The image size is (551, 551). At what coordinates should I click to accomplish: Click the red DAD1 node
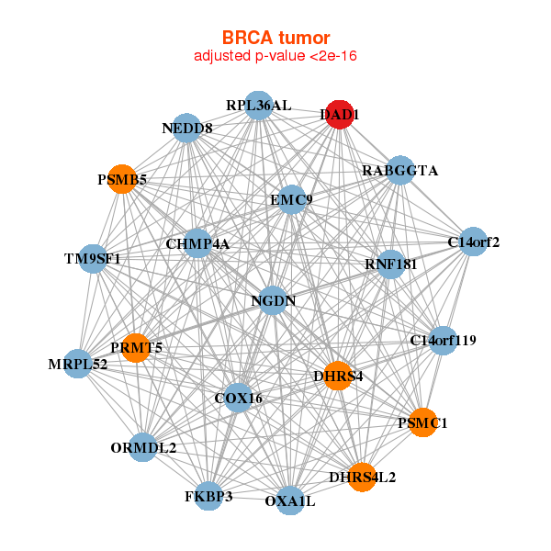click(340, 114)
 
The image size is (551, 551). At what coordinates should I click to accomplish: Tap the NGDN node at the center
click(273, 300)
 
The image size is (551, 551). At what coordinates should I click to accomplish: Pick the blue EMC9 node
click(291, 200)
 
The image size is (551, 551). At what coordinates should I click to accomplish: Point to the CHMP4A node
click(197, 243)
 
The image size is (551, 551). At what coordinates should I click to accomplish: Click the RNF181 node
click(391, 264)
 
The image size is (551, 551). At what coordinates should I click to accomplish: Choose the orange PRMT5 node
click(136, 347)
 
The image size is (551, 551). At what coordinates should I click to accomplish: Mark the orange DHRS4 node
click(338, 376)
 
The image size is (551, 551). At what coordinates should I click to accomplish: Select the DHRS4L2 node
click(362, 477)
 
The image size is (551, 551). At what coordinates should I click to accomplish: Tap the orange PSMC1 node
click(422, 422)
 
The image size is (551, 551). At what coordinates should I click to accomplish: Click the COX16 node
click(239, 398)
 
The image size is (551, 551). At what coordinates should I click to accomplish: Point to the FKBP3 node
click(208, 496)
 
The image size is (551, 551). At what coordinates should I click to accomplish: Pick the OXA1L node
click(290, 500)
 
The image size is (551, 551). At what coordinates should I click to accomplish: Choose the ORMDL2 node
click(143, 448)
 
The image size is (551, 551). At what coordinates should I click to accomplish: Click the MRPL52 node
click(78, 364)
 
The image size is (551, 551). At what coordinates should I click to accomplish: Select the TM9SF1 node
click(93, 259)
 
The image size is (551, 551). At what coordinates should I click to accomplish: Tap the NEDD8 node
click(187, 129)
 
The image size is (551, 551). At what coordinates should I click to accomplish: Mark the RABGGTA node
click(399, 171)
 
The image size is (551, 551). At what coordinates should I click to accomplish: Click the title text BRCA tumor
click(275, 38)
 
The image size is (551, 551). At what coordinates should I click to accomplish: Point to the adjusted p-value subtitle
click(275, 56)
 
